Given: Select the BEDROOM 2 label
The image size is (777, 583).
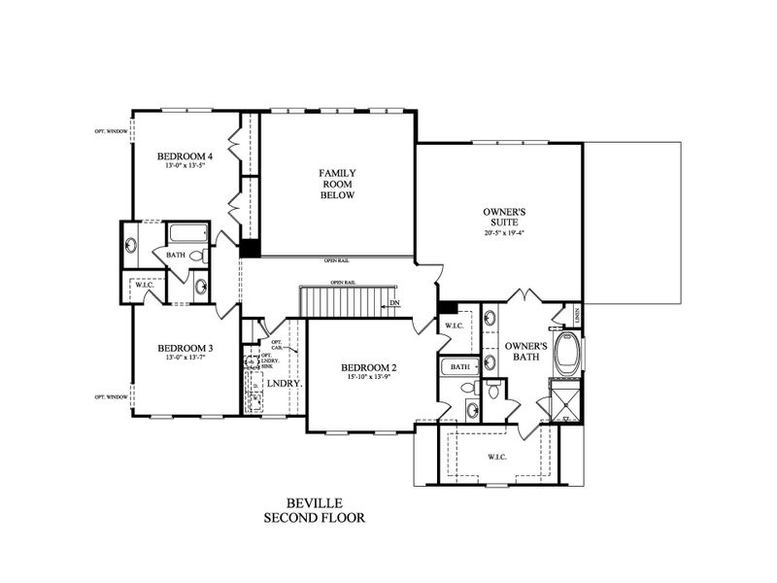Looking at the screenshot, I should point(367,367).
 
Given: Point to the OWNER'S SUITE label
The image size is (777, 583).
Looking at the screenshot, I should point(504,216).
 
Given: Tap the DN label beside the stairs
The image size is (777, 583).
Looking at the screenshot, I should point(394,303).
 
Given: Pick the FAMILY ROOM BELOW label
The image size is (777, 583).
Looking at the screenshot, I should point(337,184).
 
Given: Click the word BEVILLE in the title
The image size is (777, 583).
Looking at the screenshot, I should point(314,504).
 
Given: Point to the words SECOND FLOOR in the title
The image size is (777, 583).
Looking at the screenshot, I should point(314,518).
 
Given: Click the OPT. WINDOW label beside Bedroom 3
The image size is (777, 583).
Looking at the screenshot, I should point(112,396).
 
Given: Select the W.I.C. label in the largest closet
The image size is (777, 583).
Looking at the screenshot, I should point(495,455).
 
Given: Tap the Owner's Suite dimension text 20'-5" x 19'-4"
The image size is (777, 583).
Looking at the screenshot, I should point(504,233).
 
